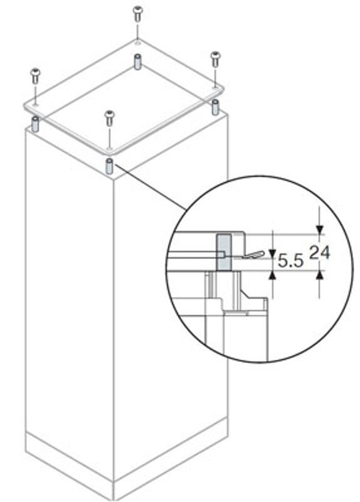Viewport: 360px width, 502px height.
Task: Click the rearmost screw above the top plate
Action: click(x=137, y=14)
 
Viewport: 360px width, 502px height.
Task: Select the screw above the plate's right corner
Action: click(x=216, y=59)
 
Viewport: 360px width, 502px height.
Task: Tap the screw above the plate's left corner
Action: click(x=35, y=76)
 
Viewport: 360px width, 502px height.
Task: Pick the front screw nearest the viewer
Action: click(x=110, y=118)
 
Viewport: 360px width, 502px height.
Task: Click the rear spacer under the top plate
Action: click(x=137, y=61)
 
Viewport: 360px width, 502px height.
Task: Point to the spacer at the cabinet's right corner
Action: click(x=216, y=107)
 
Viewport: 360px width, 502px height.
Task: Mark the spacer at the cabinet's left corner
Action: click(x=35, y=124)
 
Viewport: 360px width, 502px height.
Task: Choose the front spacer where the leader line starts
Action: click(x=109, y=166)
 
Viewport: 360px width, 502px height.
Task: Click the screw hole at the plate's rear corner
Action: click(x=137, y=42)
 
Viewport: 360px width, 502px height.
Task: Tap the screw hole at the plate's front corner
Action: click(x=110, y=149)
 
